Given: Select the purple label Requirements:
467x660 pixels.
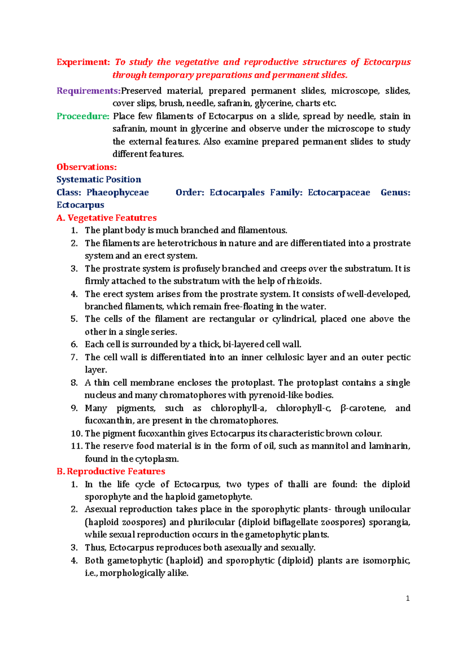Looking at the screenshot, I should pos(88,91).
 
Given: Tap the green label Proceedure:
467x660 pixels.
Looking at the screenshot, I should pos(83,116).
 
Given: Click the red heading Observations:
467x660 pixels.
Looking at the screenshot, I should pos(86,167).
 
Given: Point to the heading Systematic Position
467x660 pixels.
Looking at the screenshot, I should pos(98,180).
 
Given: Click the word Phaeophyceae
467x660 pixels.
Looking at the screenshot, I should pos(118,193).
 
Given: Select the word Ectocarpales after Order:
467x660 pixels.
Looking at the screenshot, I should pos(237,193).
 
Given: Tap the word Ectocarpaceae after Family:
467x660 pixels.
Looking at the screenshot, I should pos(339,193).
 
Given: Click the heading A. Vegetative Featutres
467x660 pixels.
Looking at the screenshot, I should pos(106,218).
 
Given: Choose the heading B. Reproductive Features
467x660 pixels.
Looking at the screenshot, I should pos(111,472).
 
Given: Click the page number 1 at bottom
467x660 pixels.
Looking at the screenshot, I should pos(407,599).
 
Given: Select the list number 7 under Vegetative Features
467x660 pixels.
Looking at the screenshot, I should pos(74,357).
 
